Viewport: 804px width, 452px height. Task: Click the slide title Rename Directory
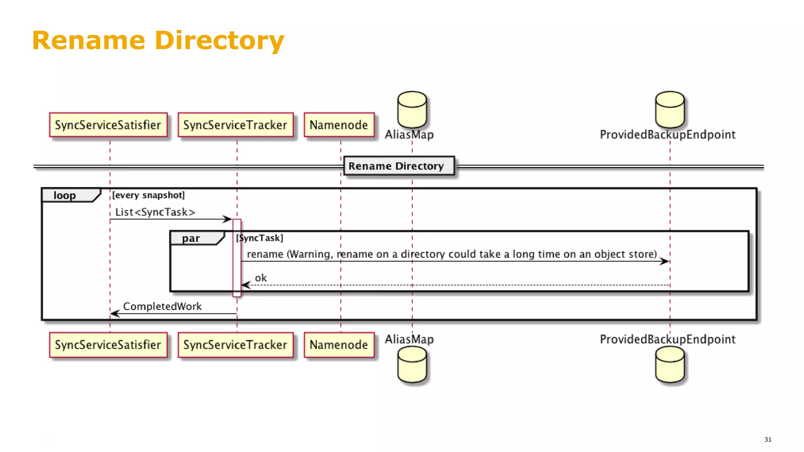click(x=158, y=40)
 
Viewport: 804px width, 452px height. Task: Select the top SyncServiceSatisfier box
click(x=108, y=125)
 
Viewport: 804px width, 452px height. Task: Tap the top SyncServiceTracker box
click(x=236, y=125)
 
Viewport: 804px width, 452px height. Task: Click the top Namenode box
click(x=339, y=125)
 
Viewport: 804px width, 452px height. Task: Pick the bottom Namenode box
click(x=339, y=345)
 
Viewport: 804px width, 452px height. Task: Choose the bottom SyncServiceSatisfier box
click(x=108, y=345)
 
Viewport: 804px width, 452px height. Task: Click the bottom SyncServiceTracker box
click(x=236, y=345)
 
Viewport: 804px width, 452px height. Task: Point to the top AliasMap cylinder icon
click(x=412, y=109)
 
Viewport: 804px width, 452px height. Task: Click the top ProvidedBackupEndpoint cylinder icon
click(x=670, y=109)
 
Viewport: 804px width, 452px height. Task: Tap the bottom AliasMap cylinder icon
click(x=412, y=365)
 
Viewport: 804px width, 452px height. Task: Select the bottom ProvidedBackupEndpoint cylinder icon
click(x=670, y=365)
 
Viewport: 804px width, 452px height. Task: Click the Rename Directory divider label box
click(x=399, y=166)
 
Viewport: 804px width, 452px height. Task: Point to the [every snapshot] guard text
click(x=148, y=195)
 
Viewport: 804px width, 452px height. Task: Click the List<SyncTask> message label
click(x=155, y=212)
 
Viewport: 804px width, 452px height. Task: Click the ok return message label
click(x=261, y=278)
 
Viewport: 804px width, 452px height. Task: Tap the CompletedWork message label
click(x=162, y=306)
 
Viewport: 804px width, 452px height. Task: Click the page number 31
click(x=768, y=439)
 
